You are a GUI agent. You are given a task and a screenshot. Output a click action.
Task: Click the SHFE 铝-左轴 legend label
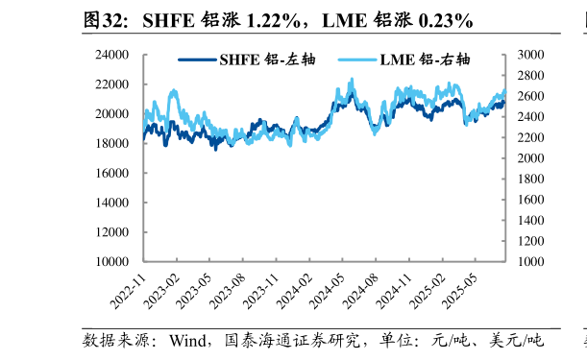pyautogui.click(x=270, y=60)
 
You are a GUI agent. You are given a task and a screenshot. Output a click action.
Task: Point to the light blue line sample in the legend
pyautogui.click(x=355, y=60)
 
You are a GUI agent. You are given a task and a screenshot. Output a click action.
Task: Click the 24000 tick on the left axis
pyautogui.click(x=117, y=55)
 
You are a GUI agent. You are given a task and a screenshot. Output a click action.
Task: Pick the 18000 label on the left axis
pyautogui.click(x=117, y=143)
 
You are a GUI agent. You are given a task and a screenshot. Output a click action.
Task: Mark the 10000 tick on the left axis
pyautogui.click(x=117, y=261)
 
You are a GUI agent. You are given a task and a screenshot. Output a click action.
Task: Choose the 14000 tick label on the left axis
pyautogui.click(x=117, y=203)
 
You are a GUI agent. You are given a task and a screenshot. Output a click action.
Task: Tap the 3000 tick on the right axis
pyautogui.click(x=532, y=55)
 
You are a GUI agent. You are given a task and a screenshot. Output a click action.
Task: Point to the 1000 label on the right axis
pyautogui.click(x=532, y=261)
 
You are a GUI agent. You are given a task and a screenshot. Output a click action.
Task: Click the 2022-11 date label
pyautogui.click(x=127, y=290)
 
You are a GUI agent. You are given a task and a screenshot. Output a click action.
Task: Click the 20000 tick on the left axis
pyautogui.click(x=117, y=114)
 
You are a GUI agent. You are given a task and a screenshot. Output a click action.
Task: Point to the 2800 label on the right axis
pyautogui.click(x=532, y=76)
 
